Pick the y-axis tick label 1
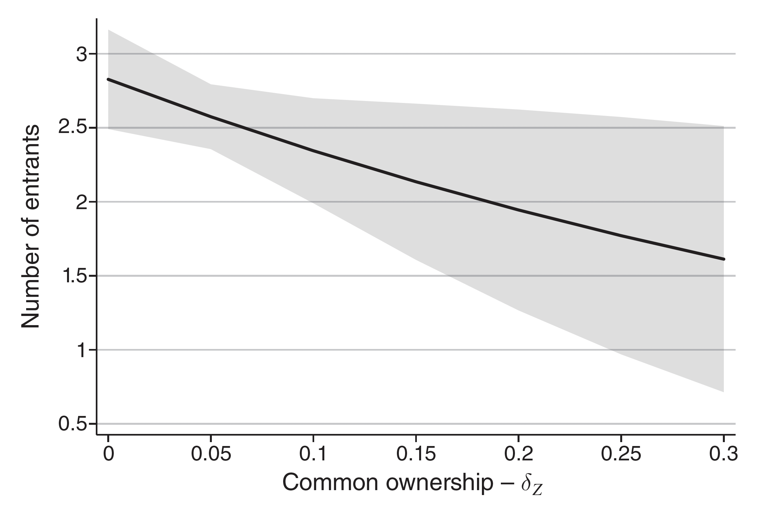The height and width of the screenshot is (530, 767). click(x=82, y=350)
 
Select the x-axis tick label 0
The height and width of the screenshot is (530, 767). click(x=108, y=454)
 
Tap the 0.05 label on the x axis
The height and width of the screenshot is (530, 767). click(x=211, y=454)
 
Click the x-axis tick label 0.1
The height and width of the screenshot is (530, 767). click(x=313, y=454)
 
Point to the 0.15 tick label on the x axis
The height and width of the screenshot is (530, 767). click(x=416, y=454)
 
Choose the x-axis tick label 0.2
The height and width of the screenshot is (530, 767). click(x=519, y=454)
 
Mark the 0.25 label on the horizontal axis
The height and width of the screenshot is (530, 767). click(x=621, y=454)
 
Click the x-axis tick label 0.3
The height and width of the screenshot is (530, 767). click(x=723, y=454)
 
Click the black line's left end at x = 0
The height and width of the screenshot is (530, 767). click(x=108, y=79)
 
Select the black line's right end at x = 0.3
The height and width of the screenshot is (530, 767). click(x=723, y=259)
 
